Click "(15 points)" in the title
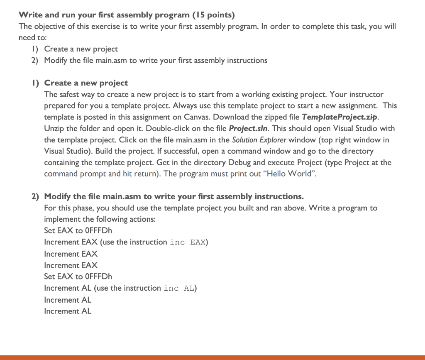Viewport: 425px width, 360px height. point(213,15)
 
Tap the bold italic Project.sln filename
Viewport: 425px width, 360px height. point(248,129)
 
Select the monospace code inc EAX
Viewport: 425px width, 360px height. point(188,242)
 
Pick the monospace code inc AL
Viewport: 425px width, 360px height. point(179,288)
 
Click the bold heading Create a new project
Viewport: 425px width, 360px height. point(86,83)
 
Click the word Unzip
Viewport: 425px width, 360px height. point(54,129)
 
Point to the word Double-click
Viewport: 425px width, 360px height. point(164,129)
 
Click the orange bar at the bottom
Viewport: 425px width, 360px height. point(212,357)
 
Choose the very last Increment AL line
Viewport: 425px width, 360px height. point(68,311)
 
